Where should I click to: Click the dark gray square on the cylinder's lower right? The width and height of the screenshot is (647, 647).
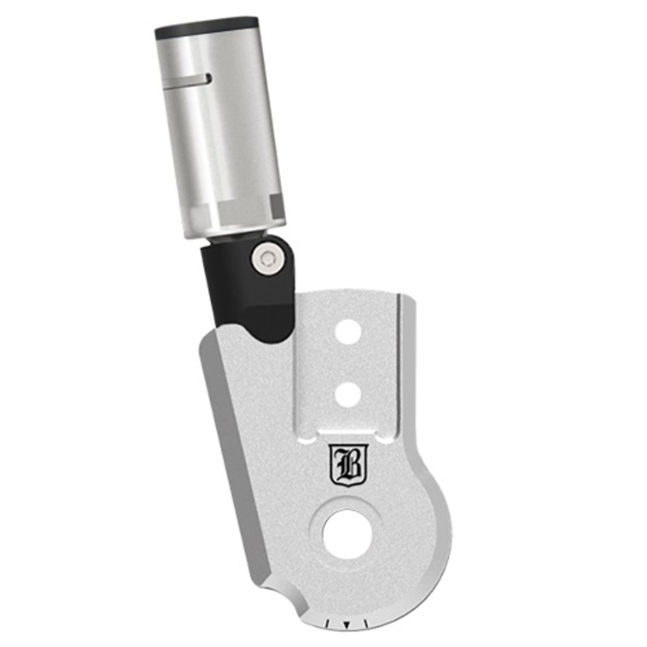pyautogui.click(x=277, y=206)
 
